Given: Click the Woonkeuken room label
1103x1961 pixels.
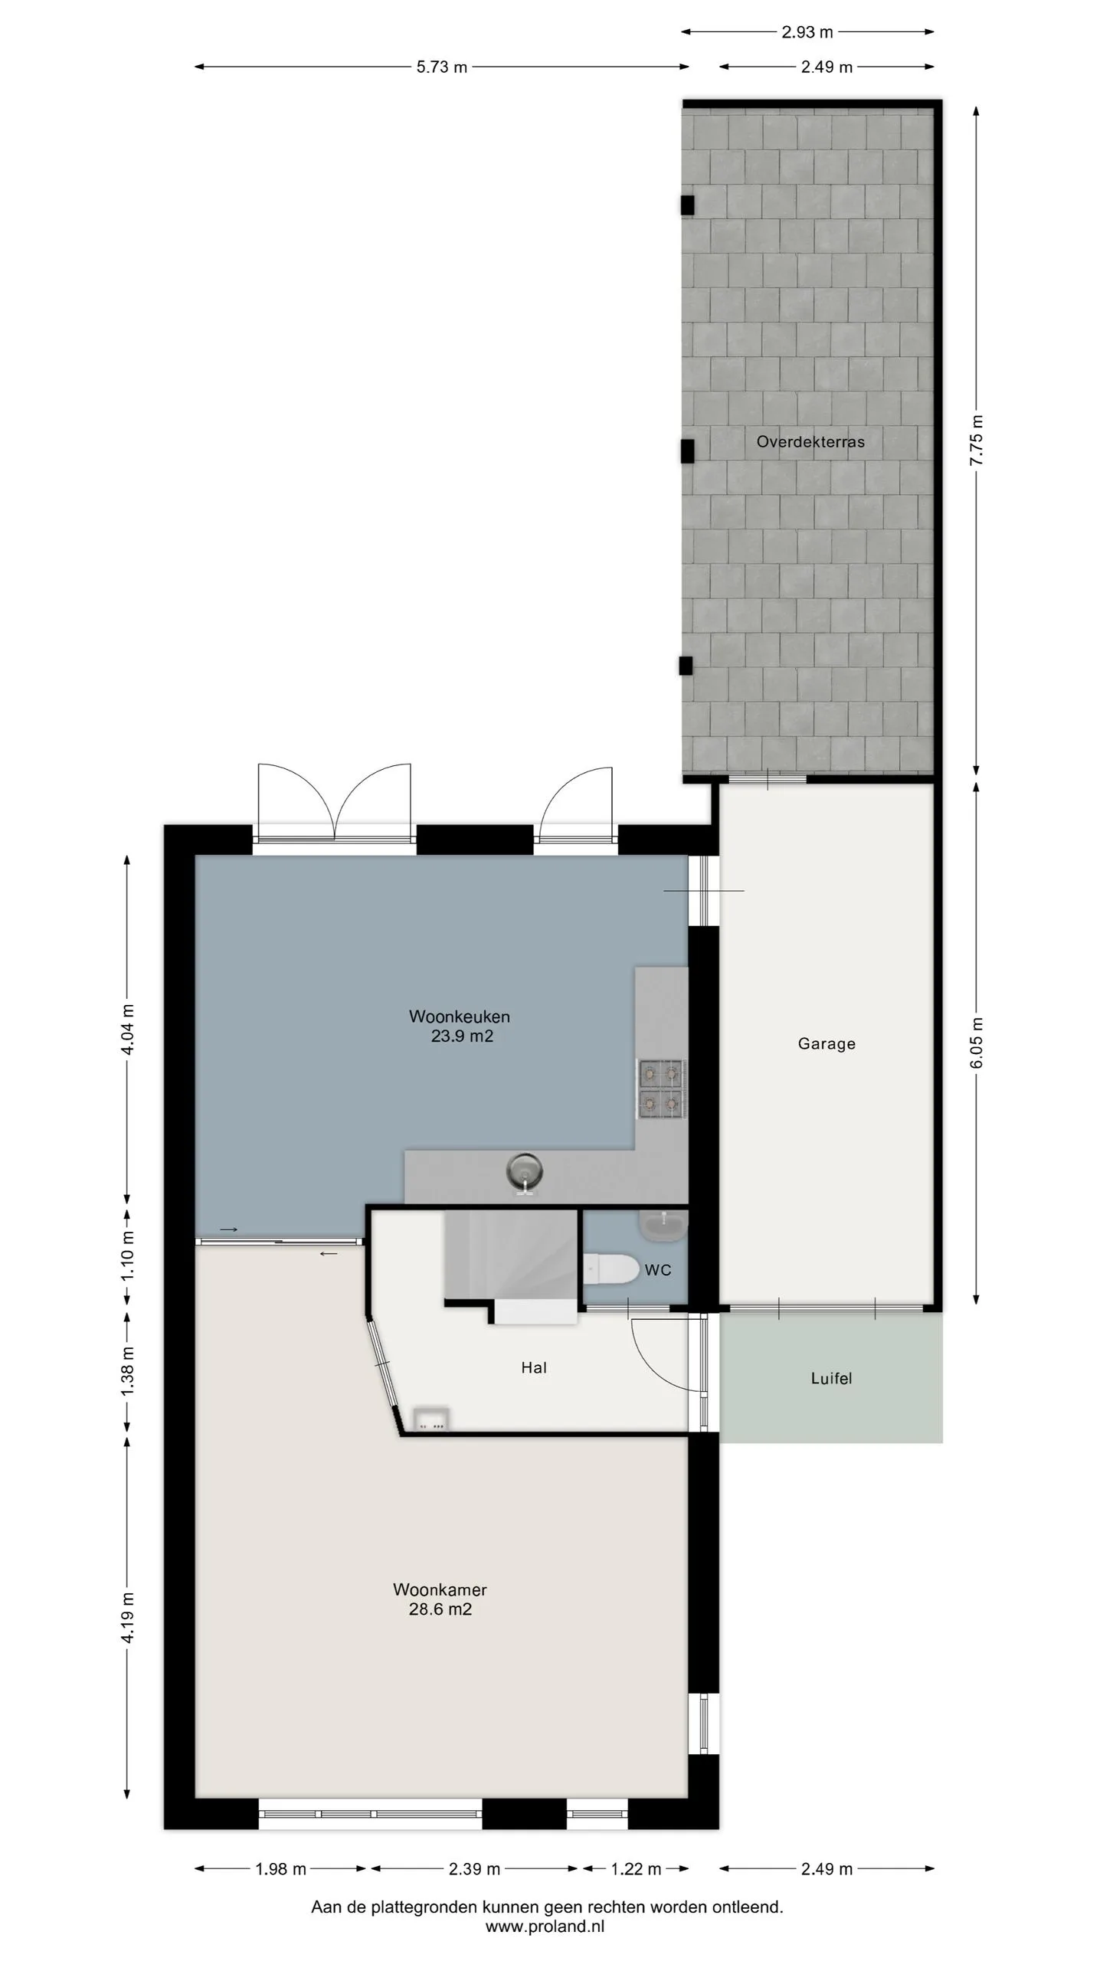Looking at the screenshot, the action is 459,1017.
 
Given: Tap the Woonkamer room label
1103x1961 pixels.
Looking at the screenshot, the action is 440,1589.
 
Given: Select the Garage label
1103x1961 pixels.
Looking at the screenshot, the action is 826,1043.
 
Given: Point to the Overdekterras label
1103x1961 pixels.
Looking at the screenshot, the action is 810,441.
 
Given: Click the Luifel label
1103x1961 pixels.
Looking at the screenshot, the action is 831,1378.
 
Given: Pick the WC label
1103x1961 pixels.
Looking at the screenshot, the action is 658,1270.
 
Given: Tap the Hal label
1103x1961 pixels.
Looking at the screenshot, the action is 534,1367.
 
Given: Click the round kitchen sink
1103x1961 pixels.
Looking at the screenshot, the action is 524,1173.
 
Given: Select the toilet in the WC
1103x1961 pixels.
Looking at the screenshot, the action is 610,1270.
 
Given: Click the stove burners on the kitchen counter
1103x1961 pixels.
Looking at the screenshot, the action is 662,1089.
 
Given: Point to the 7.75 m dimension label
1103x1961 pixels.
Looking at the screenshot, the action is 976,440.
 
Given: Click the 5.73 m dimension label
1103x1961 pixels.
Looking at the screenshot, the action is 442,67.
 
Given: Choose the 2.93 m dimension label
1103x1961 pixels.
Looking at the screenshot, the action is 807,32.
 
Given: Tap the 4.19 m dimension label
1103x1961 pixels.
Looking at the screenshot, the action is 127,1617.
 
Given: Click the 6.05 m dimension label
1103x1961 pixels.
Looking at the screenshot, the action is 976,1043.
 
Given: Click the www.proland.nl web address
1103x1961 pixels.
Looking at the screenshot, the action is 545,1927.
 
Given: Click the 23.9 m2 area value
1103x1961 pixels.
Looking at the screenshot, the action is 462,1036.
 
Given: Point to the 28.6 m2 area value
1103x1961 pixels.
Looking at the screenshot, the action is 440,1609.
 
